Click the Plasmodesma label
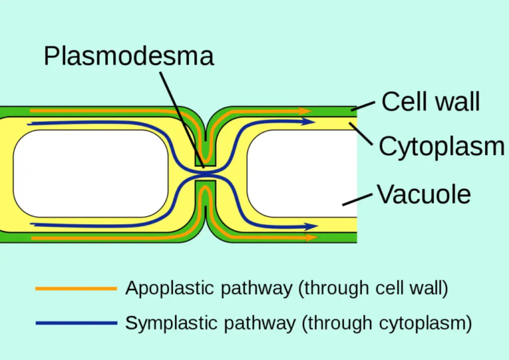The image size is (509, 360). click(129, 56)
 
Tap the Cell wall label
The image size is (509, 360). click(431, 102)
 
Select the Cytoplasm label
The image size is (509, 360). click(441, 147)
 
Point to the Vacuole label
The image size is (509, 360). click(424, 194)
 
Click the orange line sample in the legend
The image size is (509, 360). click(76, 288)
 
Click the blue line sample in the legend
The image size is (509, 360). click(76, 324)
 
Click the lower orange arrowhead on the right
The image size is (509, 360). click(311, 237)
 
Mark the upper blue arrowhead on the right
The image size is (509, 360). click(309, 122)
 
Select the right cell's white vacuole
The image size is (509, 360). click(302, 173)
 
